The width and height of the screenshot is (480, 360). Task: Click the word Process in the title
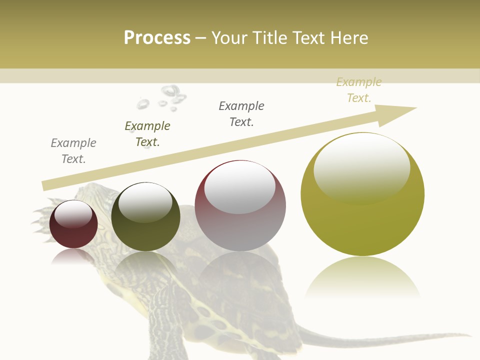tap(157, 38)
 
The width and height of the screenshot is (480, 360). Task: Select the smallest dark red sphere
tap(73, 224)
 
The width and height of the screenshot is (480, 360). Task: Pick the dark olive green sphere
tap(145, 216)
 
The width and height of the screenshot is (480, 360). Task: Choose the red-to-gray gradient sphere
tap(240, 205)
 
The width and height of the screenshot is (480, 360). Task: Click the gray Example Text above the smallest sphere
tap(73, 151)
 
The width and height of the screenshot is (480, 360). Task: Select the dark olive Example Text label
tap(147, 134)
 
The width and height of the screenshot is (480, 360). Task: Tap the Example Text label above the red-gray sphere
tap(241, 114)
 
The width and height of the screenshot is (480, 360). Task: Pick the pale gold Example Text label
tap(359, 90)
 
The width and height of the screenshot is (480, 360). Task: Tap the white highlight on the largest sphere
tap(361, 167)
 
